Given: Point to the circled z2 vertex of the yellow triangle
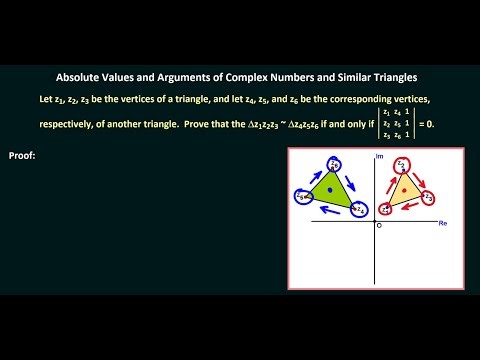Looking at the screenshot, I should [402, 163].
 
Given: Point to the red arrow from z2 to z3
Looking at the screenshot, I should [421, 173].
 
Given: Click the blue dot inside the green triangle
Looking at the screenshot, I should [329, 190].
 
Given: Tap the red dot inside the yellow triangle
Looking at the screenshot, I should [403, 188].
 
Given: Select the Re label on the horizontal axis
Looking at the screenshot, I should [443, 225].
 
